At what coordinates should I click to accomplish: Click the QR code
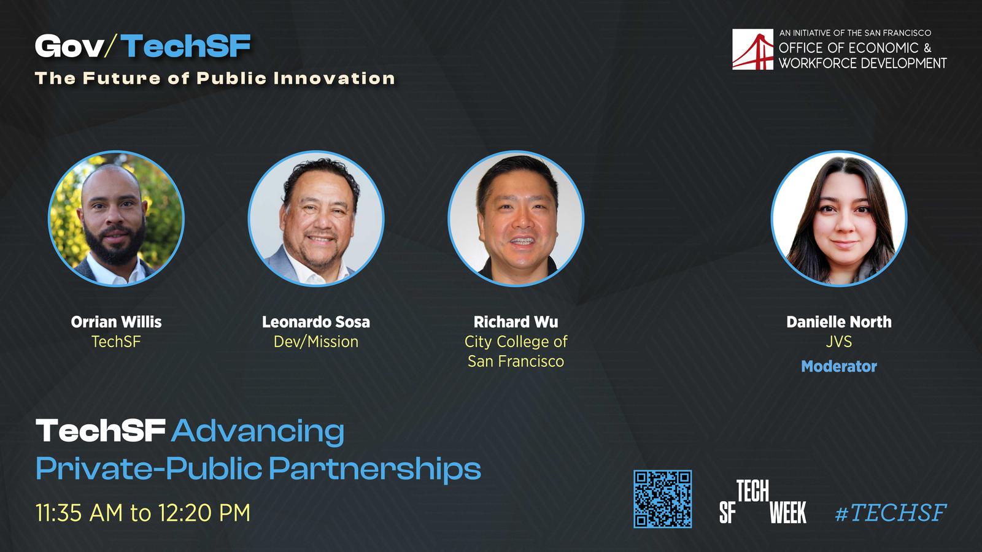662,499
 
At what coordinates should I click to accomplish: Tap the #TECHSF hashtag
891,513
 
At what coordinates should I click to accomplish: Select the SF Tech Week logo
763,502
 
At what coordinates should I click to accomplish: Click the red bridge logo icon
752,49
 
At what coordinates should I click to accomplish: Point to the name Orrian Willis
116,322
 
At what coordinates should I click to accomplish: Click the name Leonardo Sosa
315,322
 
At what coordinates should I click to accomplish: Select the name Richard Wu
516,322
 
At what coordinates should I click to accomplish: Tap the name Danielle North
838,322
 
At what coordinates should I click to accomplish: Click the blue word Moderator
838,366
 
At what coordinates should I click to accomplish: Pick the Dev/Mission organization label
315,342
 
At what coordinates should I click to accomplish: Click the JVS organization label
838,342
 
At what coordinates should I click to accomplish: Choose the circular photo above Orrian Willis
116,218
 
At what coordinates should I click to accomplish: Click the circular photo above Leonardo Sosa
316,218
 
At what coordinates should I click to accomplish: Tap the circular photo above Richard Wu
516,218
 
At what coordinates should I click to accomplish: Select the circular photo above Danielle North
839,218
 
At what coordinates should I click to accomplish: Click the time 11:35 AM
79,513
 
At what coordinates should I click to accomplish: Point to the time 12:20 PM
204,513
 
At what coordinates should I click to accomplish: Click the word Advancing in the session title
258,432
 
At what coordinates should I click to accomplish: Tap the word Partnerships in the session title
375,470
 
